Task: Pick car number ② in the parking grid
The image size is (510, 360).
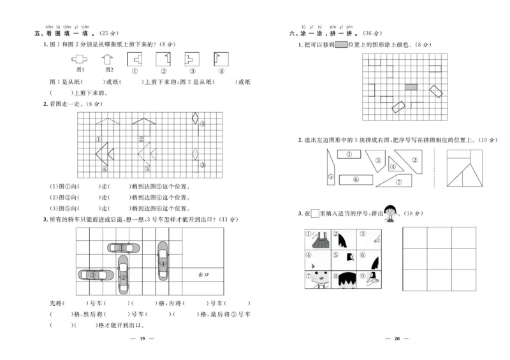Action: pyautogui.click(x=123, y=275)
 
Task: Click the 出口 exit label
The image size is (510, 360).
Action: pyautogui.click(x=204, y=275)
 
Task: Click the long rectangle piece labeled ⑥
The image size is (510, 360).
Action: pyautogui.click(x=356, y=180)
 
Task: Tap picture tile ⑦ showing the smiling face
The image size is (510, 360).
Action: pyautogui.click(x=318, y=278)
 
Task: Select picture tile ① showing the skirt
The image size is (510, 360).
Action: pyautogui.click(x=318, y=238)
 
